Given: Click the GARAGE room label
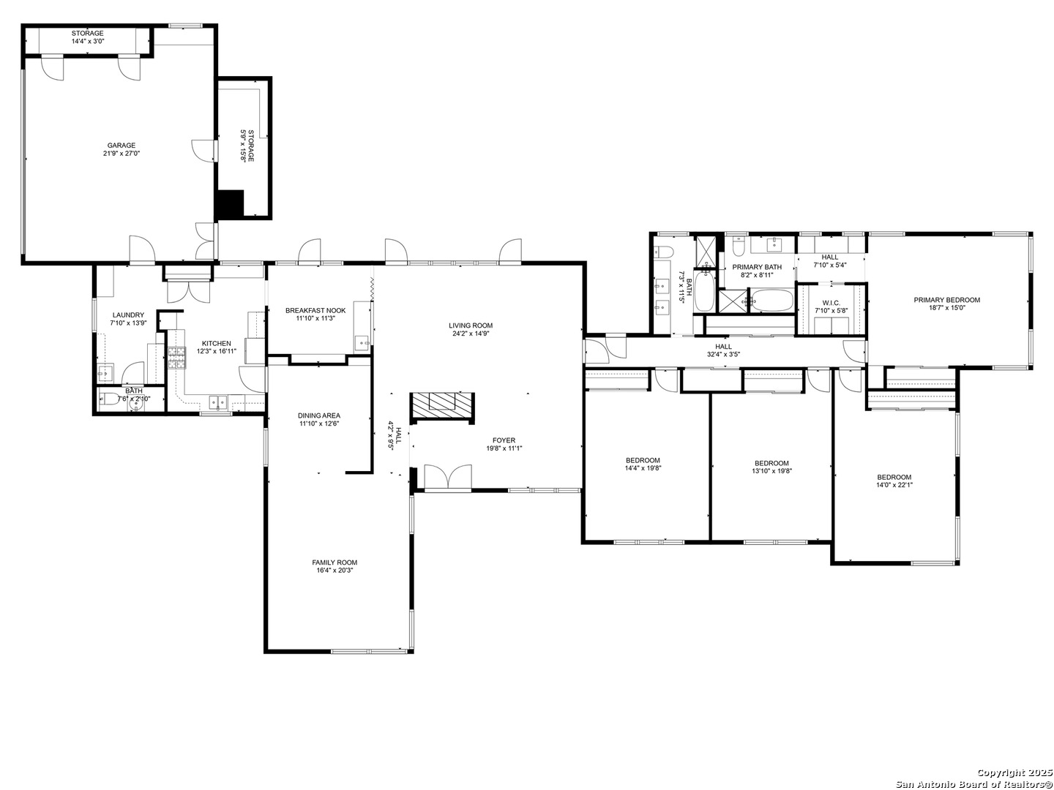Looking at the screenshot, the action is [121, 145].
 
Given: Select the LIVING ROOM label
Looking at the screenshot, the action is [470, 326].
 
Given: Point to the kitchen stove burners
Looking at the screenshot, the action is [176, 358].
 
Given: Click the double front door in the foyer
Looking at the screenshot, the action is [448, 477].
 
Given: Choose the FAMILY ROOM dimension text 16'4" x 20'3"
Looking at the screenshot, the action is [334, 571].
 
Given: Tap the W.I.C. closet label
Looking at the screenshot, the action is [831, 303].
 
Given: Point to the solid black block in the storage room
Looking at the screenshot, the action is [230, 204].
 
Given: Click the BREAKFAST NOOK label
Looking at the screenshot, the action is [315, 310].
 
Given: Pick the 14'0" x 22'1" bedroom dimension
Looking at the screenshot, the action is [894, 485].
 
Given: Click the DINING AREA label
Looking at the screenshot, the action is [319, 415].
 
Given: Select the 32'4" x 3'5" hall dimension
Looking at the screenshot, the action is [723, 355].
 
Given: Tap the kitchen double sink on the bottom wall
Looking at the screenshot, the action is [217, 401].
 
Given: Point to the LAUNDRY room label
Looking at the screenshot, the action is [128, 315].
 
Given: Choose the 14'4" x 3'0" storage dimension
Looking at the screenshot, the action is [87, 41].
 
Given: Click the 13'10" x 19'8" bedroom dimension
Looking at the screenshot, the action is [771, 471].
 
